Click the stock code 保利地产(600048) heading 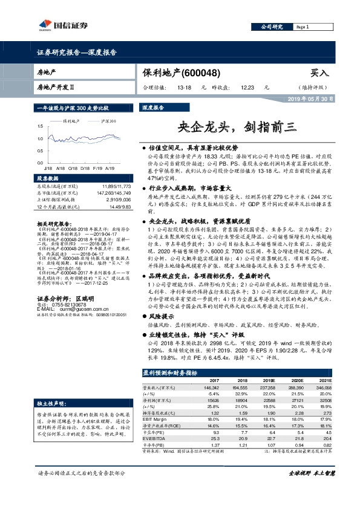(x=182, y=73)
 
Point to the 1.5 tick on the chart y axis (x=41, y=126)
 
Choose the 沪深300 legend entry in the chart (x=108, y=121)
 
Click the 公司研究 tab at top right (x=272, y=27)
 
